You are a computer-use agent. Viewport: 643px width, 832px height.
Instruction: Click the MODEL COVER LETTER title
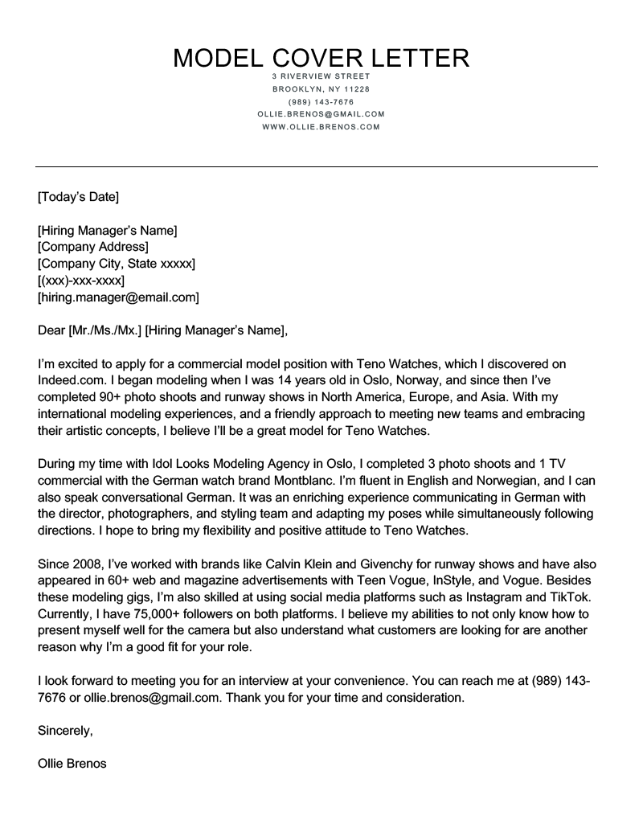(321, 58)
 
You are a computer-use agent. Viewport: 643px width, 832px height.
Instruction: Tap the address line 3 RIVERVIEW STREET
(321, 76)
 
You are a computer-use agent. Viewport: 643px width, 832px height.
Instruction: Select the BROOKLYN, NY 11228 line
(321, 88)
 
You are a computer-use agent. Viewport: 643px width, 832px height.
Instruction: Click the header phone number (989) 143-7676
(321, 101)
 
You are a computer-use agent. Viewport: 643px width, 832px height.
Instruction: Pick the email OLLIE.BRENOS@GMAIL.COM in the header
(321, 114)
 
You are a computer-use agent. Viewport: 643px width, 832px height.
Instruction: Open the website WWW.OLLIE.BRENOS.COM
(321, 127)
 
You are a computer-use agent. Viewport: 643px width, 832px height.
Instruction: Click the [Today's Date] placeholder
(78, 196)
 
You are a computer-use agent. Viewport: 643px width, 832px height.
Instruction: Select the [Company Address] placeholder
(93, 247)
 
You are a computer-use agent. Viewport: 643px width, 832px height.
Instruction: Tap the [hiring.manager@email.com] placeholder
(118, 297)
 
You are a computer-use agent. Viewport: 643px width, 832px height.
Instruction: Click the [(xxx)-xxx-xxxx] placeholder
(81, 281)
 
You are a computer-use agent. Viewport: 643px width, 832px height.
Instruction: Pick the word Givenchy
(389, 564)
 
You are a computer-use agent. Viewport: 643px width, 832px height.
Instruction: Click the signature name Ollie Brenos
(72, 764)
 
